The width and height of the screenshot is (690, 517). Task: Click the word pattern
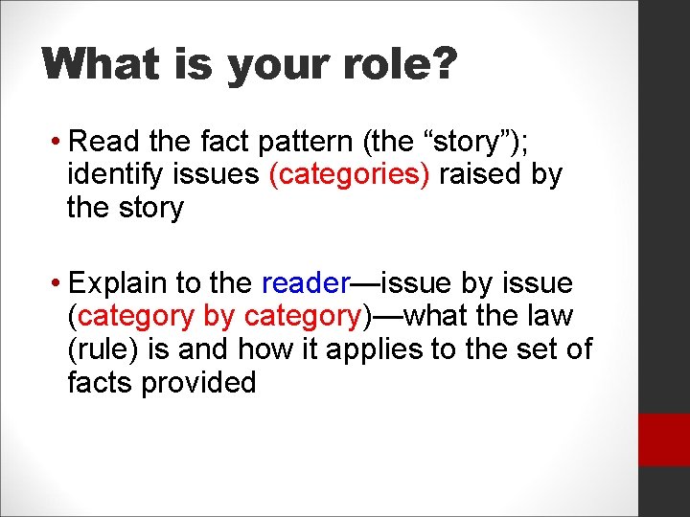(x=300, y=143)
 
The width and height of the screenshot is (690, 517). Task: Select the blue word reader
(x=305, y=284)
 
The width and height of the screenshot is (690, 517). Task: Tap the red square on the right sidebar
(x=663, y=439)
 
